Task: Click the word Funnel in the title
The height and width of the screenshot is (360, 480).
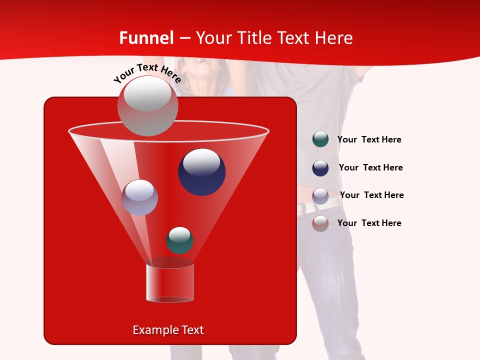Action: tap(146, 38)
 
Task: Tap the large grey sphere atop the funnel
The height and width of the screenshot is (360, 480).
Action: tap(147, 106)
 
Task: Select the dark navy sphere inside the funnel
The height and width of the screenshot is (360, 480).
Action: tap(201, 172)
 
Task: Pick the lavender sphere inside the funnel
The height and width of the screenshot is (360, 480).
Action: tap(139, 197)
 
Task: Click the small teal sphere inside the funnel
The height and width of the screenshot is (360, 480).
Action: tap(179, 240)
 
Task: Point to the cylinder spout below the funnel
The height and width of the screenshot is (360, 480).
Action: tap(170, 283)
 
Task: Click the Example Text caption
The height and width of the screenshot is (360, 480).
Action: tap(168, 330)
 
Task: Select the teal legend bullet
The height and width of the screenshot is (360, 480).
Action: tap(320, 139)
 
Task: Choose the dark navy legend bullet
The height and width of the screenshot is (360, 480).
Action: tap(320, 168)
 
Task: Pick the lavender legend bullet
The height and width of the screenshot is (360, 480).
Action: tap(320, 196)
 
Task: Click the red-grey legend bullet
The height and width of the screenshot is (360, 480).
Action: tap(320, 223)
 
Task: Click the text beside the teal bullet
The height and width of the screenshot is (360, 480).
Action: tap(369, 140)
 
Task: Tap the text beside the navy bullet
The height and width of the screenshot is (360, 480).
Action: tap(370, 167)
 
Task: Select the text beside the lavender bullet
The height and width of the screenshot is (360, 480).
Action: tap(371, 195)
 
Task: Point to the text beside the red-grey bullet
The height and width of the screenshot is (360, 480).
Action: tap(369, 223)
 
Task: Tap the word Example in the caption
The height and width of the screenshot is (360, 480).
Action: tap(151, 330)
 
